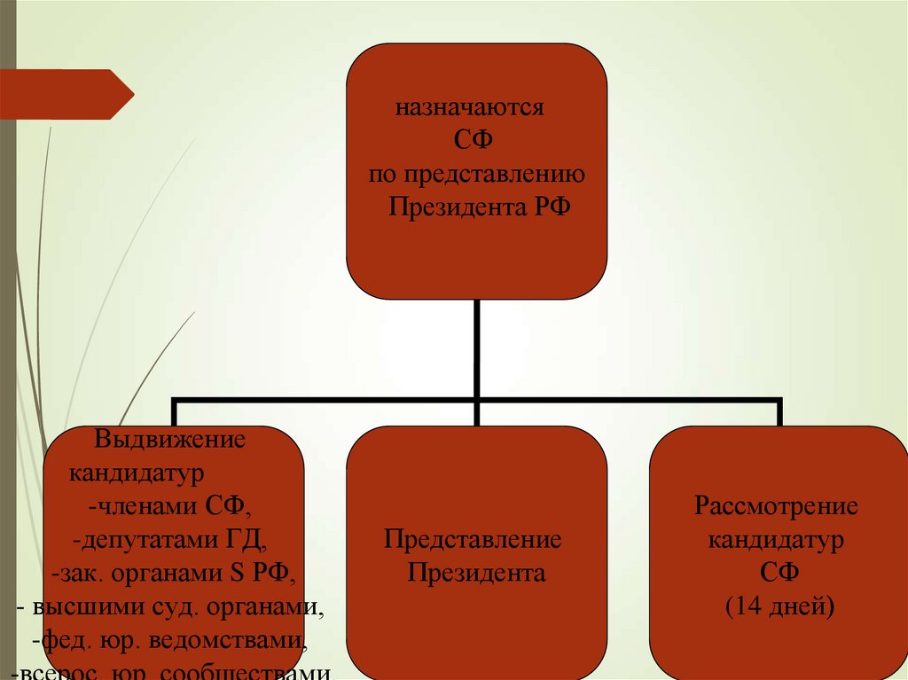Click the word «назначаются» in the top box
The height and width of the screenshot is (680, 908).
(x=469, y=110)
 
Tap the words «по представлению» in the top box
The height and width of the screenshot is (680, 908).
(x=476, y=174)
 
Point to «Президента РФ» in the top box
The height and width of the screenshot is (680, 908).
(x=476, y=207)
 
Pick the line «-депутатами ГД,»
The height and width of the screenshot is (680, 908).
(x=170, y=540)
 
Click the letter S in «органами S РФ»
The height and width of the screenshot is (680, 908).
(x=236, y=573)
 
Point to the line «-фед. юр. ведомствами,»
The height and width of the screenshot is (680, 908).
(x=169, y=640)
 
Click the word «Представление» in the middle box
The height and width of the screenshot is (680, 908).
(x=473, y=540)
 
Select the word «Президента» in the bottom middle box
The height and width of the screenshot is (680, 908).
(x=476, y=573)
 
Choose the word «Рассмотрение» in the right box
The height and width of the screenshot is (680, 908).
(x=776, y=506)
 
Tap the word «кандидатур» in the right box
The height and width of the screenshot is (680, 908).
(x=776, y=540)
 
